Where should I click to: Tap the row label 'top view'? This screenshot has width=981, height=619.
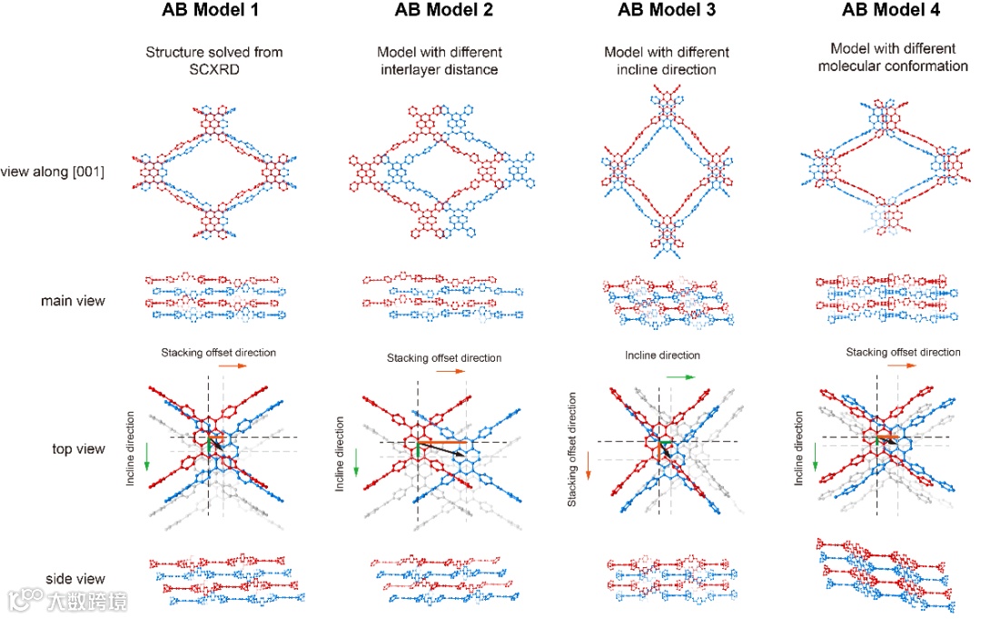pos(79,449)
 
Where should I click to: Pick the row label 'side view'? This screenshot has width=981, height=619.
pos(76,579)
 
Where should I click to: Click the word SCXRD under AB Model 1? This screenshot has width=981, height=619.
pos(213,69)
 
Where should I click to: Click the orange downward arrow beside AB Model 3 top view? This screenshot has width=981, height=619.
pos(588,465)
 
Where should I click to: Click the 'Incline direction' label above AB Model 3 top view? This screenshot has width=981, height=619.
pos(663,355)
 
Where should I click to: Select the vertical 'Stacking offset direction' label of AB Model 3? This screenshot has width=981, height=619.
pos(572,450)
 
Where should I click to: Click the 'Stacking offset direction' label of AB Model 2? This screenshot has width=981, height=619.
pos(444,358)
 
